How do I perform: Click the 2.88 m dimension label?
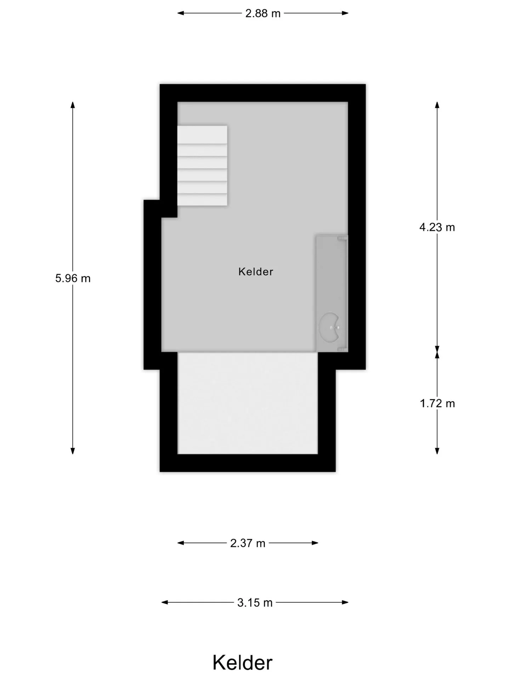click(263, 13)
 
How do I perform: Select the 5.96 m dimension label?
click(73, 278)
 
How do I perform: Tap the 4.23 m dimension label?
click(437, 227)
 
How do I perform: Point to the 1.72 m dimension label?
click(437, 404)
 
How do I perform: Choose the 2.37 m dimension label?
click(248, 543)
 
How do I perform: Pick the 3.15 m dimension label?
click(255, 602)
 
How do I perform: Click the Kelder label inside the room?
click(256, 272)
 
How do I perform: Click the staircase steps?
click(202, 166)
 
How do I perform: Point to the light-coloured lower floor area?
click(248, 403)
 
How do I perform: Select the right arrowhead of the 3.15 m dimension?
click(345, 602)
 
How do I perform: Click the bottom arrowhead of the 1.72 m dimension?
click(437, 451)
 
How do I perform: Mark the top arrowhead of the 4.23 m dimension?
click(437, 105)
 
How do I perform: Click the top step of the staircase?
click(202, 134)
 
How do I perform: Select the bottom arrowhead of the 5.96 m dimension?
click(73, 451)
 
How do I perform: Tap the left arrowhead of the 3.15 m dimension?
click(165, 602)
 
